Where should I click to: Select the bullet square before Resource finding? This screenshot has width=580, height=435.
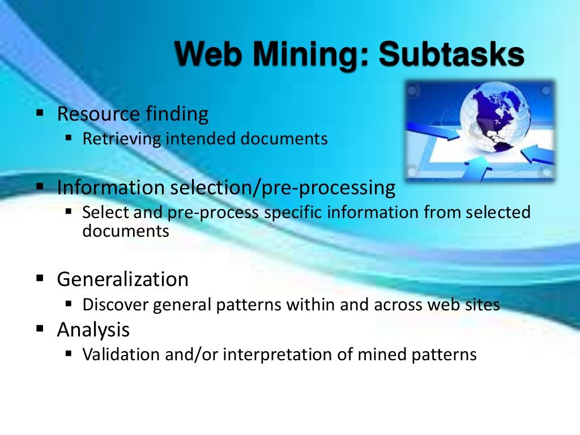click(40, 113)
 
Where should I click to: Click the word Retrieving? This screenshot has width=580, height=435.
click(121, 139)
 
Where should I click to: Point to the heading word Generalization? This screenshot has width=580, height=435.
click(122, 279)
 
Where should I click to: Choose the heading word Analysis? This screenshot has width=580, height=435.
click(93, 329)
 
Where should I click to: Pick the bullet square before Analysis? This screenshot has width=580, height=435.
click(40, 328)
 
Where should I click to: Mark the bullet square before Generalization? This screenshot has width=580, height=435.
click(40, 278)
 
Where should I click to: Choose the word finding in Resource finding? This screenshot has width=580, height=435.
click(177, 114)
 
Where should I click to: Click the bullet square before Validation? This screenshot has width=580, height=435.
click(69, 354)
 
